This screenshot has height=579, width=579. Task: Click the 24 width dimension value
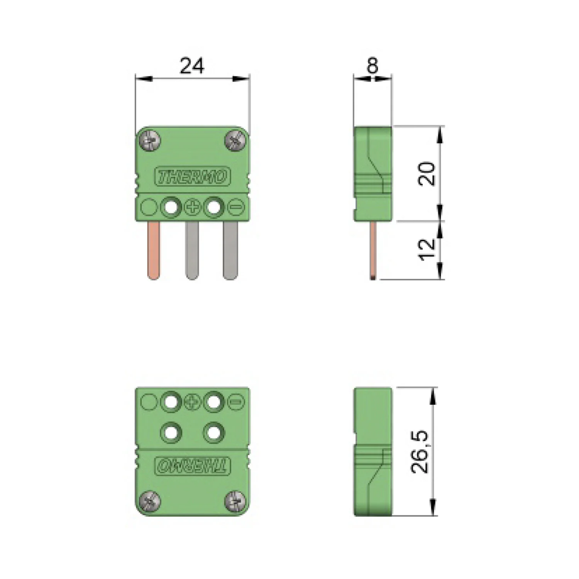click(x=192, y=66)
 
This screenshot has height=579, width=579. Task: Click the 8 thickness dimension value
click(x=372, y=66)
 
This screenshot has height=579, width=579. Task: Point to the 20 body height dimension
click(x=427, y=174)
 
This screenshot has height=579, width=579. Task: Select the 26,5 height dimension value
click(x=420, y=452)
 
